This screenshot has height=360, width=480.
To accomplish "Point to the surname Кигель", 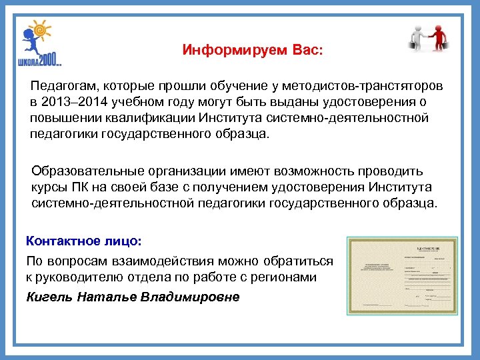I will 49,296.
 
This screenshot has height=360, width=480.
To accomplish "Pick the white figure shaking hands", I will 417,37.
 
